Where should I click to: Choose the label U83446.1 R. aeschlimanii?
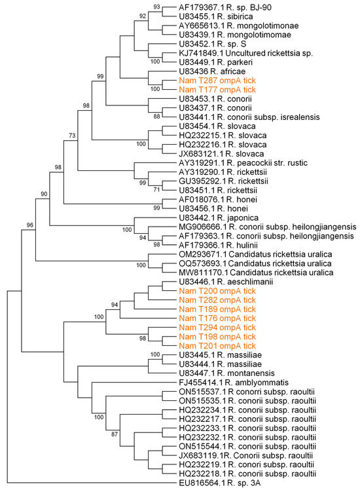pos(217,280)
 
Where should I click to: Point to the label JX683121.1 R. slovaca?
pos(214,152)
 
